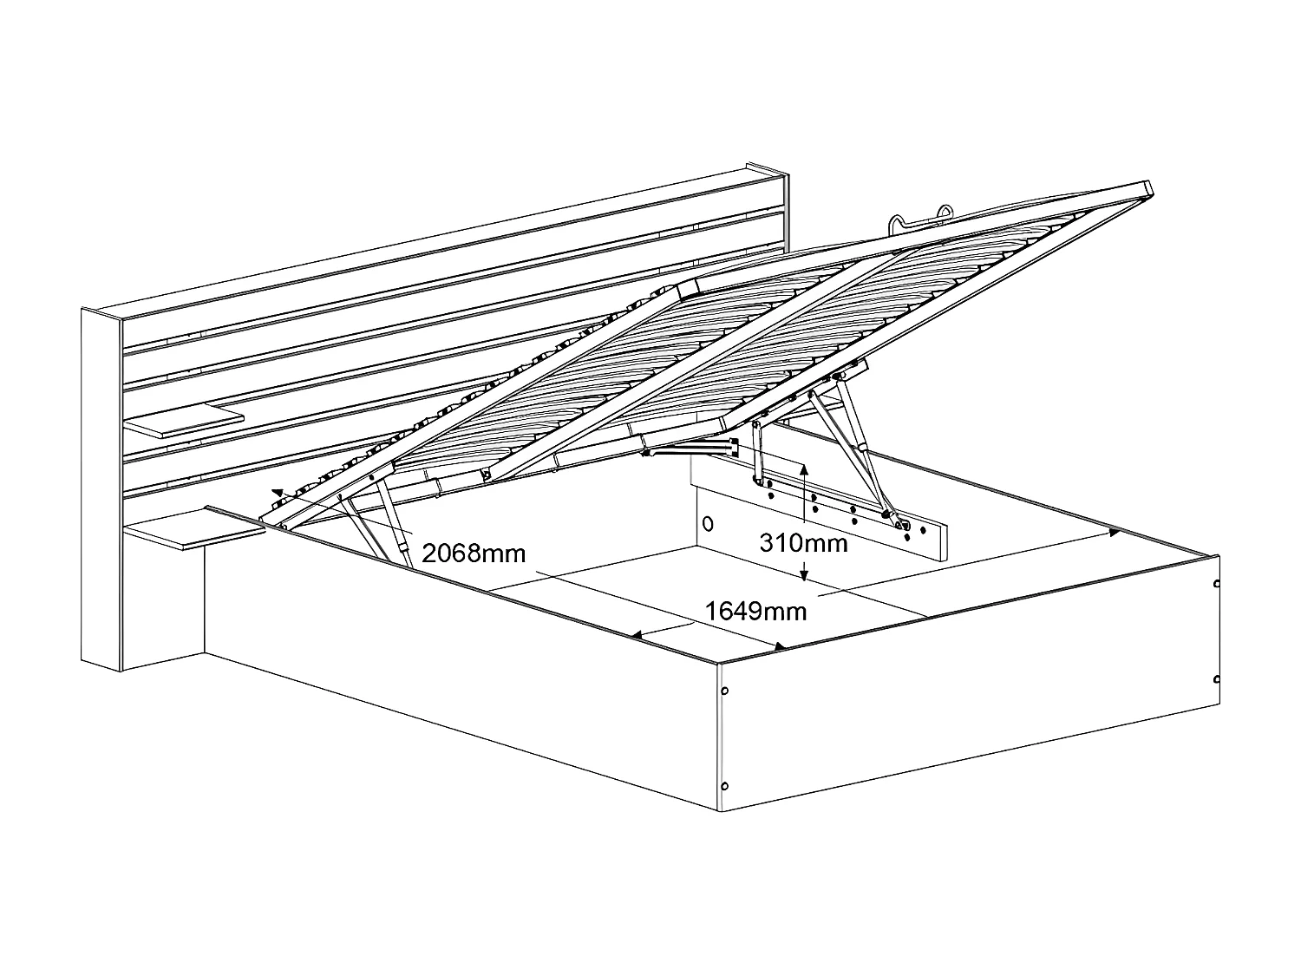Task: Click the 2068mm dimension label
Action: [x=474, y=553]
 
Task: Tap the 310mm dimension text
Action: [x=803, y=543]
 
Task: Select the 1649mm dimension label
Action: [x=755, y=611]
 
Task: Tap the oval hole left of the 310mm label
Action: [x=707, y=523]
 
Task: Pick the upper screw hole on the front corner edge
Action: [x=725, y=691]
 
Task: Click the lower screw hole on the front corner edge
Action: [x=725, y=786]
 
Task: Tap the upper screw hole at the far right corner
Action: [x=1217, y=585]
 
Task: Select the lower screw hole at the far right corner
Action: [x=1217, y=678]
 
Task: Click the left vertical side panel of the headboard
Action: [x=101, y=490]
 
